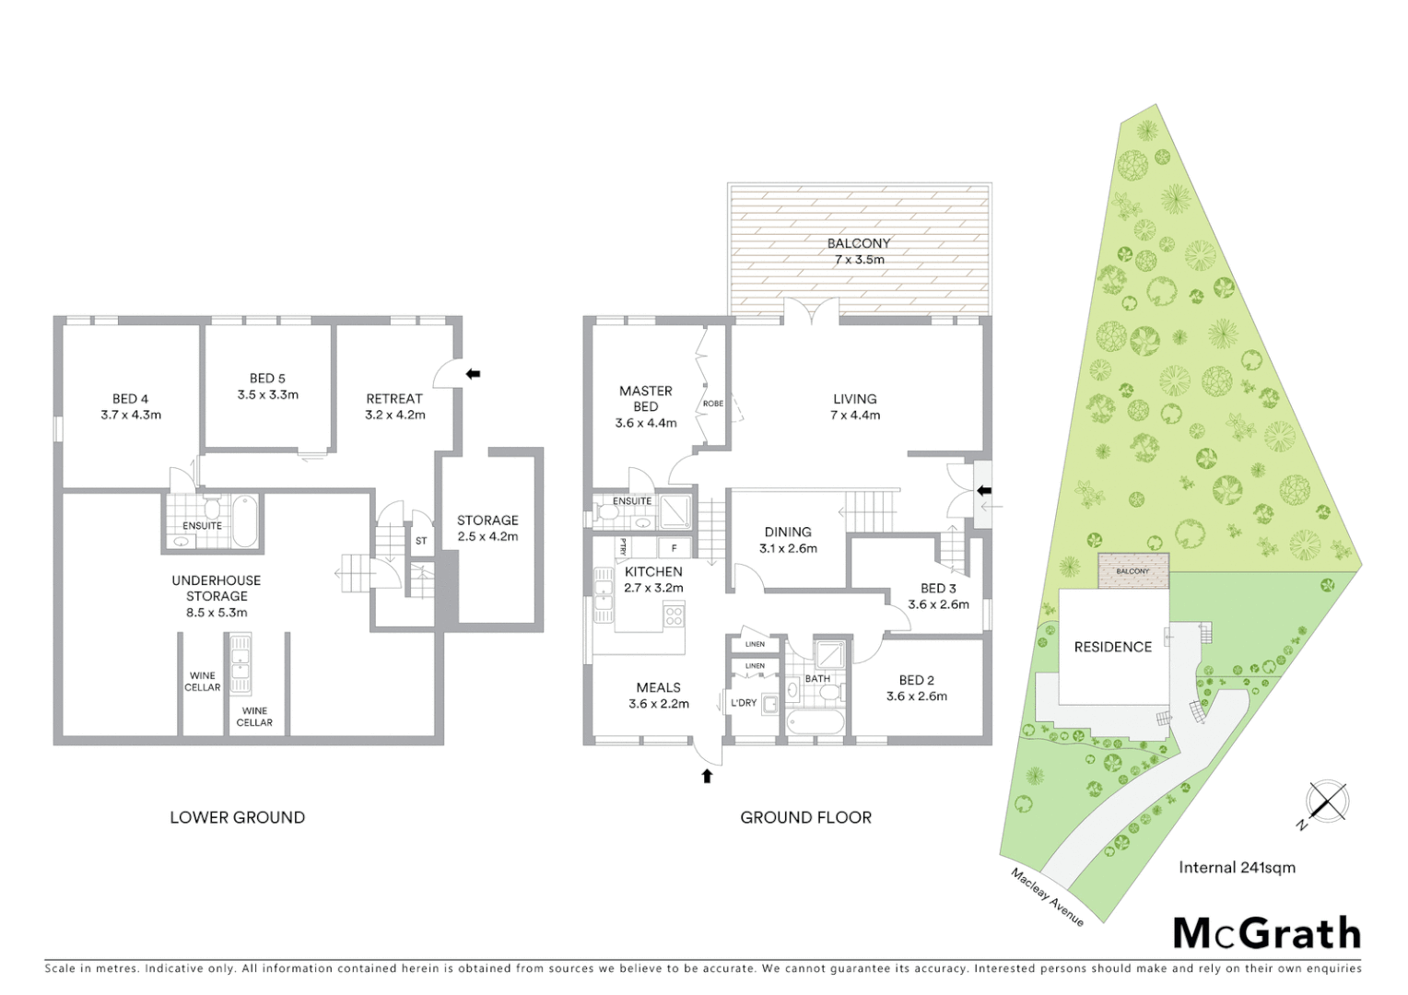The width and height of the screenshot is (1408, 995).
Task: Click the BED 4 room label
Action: pos(130,399)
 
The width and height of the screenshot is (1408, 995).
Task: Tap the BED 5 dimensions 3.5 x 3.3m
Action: pos(267,395)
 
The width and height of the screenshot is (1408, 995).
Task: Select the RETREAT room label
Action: pos(394,399)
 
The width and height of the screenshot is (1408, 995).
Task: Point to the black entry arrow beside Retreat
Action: pos(474,374)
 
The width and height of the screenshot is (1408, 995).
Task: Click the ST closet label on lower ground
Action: pos(421,541)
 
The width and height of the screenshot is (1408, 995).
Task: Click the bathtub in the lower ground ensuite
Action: pos(244,521)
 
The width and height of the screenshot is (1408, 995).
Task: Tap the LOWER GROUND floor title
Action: pos(237,817)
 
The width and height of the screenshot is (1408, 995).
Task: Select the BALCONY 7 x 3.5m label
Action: pos(859,252)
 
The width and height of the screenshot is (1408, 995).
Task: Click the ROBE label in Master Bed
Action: pos(712,404)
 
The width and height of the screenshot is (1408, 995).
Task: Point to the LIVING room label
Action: pos(855,399)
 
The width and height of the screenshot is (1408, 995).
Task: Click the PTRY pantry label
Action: pos(624,548)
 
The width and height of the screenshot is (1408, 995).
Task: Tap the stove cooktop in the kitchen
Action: pos(675,614)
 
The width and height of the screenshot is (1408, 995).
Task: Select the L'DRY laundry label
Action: pos(744,703)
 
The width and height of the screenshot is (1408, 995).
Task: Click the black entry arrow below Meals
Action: pos(707,776)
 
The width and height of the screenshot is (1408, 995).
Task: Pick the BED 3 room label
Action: pos(938,588)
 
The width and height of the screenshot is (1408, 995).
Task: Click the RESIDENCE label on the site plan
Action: pos(1113,647)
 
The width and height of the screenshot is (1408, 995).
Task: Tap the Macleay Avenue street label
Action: pos(1047,896)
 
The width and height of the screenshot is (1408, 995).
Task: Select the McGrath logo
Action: pos(1266,933)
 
